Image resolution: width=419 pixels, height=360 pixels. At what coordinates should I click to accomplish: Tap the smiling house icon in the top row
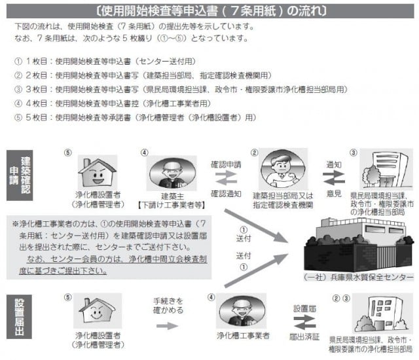tap(97, 172)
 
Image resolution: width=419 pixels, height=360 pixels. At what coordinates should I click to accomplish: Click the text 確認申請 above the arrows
tap(225, 164)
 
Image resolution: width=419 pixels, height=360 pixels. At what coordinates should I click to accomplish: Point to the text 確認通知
tap(225, 194)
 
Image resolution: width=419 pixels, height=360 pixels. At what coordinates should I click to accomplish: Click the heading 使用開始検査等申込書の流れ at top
tap(209, 11)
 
